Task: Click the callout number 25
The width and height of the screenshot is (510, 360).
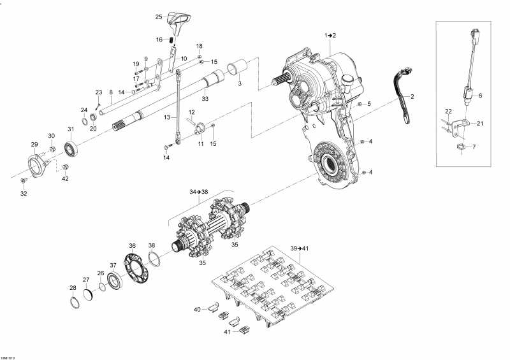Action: coord(159,17)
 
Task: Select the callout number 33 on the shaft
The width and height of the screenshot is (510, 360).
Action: coord(205,99)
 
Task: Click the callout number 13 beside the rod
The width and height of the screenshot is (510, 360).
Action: coord(167,118)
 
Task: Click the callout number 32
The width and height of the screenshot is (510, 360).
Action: coord(23,194)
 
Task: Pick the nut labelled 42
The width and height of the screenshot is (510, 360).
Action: coord(66,168)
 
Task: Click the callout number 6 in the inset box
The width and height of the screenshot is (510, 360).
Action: coord(480,95)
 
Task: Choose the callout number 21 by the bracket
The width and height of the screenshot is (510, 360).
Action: coord(480,124)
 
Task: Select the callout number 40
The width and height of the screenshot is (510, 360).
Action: coord(197,310)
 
